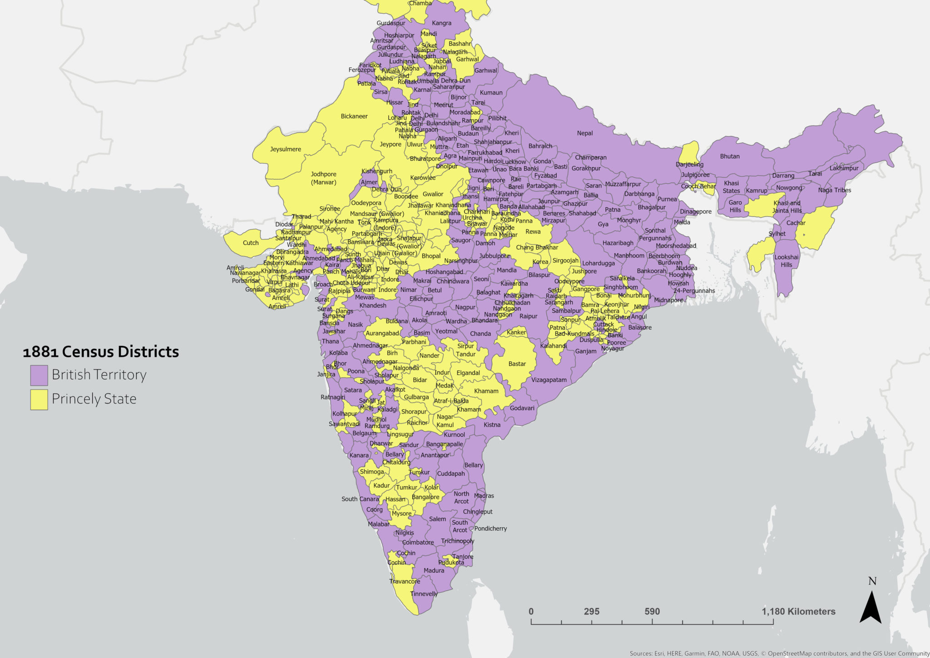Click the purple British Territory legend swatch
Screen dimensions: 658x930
[39, 375]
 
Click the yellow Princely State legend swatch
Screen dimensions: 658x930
[39, 399]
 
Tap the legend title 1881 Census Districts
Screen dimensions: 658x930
[101, 352]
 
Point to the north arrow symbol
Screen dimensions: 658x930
[871, 606]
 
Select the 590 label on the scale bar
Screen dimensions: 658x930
[652, 612]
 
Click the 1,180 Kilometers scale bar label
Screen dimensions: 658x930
[798, 612]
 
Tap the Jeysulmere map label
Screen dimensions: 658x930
[285, 149]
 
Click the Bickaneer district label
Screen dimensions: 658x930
[354, 116]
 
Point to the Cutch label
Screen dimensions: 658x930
[251, 243]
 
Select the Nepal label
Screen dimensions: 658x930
[585, 133]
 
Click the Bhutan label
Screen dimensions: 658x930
[730, 156]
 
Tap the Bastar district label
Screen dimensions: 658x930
[517, 364]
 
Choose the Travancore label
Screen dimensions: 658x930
[405, 581]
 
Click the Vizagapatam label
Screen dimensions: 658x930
[549, 380]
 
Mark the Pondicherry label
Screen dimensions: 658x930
[490, 528]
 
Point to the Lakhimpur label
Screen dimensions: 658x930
[844, 168]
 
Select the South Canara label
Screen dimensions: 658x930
[360, 499]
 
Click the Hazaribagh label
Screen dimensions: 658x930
[618, 243]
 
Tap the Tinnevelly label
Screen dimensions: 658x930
[424, 594]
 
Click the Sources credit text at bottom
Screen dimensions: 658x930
[779, 653]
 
